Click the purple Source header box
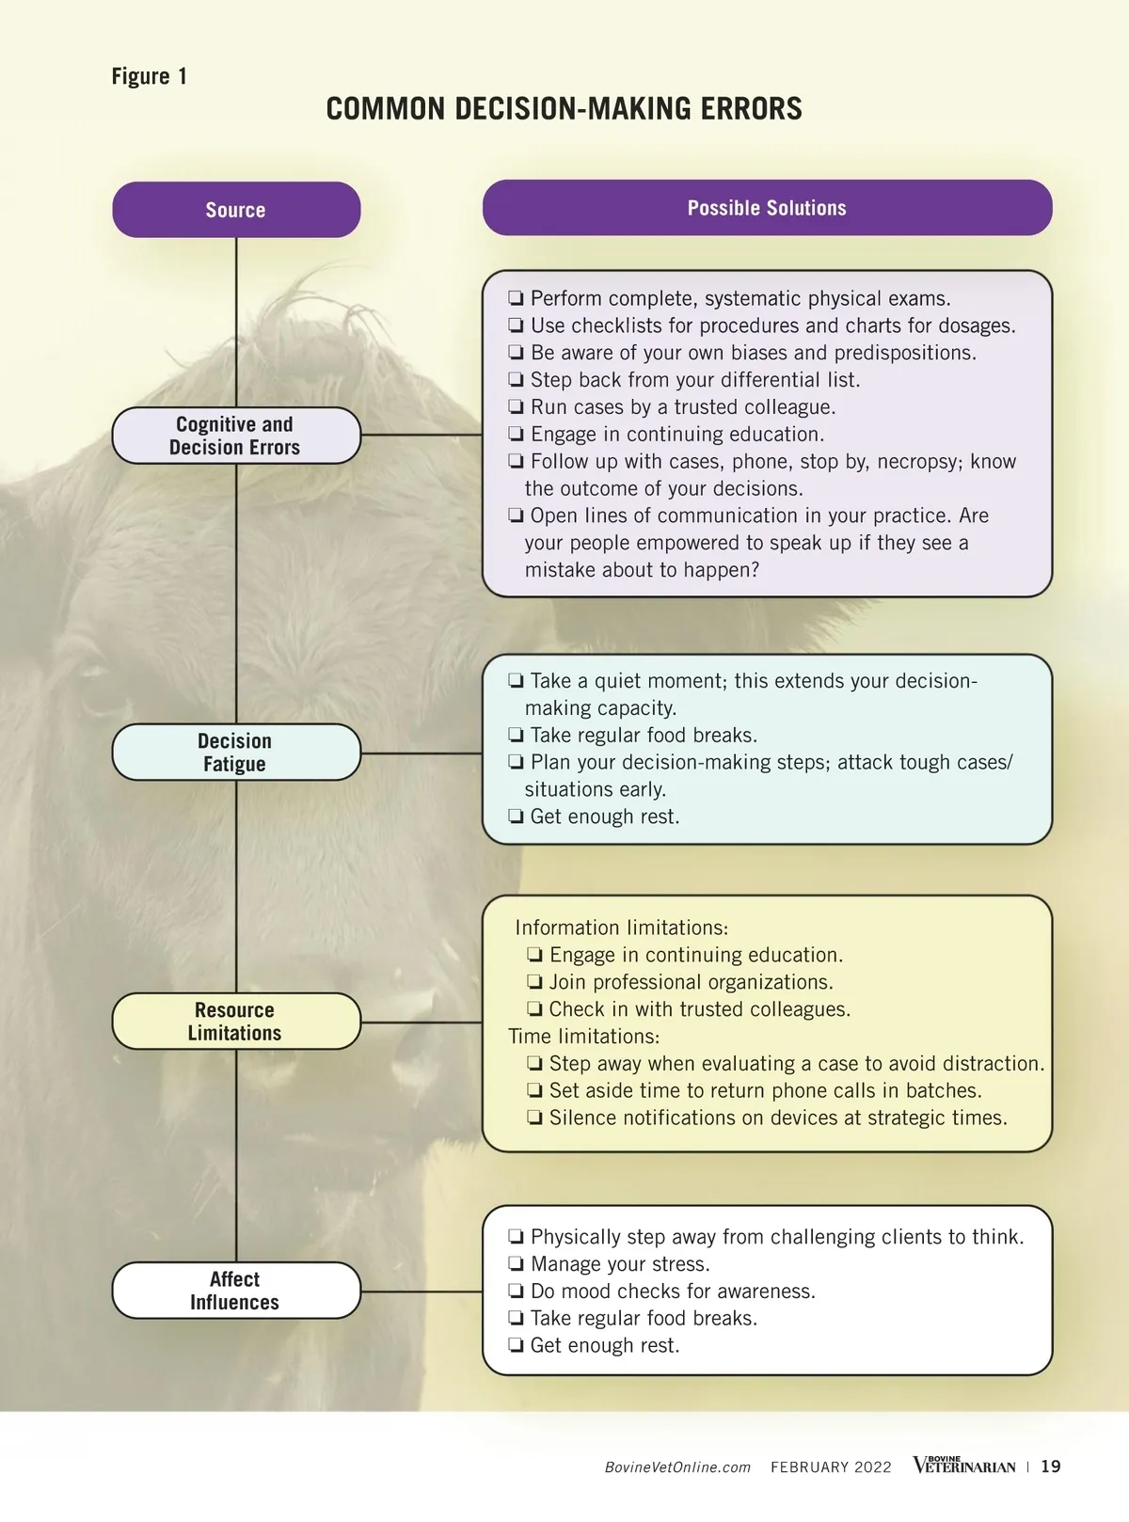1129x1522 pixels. coord(236,210)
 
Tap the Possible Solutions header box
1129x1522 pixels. coord(767,208)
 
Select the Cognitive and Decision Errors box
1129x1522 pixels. coord(235,436)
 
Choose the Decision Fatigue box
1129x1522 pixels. coord(235,753)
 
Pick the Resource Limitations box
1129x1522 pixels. coord(235,1022)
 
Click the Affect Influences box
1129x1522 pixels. coord(235,1291)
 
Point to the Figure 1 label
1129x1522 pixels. coord(150,76)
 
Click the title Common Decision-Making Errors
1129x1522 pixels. coord(564,109)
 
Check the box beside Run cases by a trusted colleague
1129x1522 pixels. coord(516,407)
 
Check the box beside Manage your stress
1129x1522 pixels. coord(516,1264)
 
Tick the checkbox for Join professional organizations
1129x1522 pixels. coord(534,983)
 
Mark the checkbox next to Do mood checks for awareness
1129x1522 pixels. coord(516,1292)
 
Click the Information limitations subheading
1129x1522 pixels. coord(621,927)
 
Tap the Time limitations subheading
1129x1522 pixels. coord(583,1037)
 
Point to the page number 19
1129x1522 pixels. coord(1051,1467)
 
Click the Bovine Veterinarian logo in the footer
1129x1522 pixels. coord(963,1466)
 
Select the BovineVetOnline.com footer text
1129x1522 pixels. coord(677,1467)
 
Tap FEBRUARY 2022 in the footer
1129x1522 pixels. coord(831,1467)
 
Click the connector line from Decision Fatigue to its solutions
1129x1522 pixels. coord(421,753)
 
